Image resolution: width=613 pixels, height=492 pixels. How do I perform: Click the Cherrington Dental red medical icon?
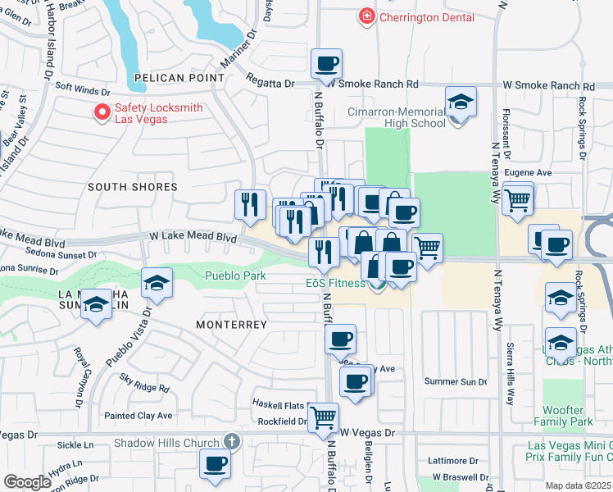(x=366, y=16)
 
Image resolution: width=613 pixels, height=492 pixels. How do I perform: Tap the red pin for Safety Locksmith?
(x=102, y=112)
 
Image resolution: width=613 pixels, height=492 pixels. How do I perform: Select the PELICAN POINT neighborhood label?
(x=179, y=77)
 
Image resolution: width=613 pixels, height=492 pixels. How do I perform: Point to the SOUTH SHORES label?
(x=132, y=187)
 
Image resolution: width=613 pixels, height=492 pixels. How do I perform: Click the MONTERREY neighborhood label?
(x=232, y=325)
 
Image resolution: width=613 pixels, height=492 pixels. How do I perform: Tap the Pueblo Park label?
(x=234, y=276)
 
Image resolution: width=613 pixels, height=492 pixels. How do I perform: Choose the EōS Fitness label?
(x=330, y=284)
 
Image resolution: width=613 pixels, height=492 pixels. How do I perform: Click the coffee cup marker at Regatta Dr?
(x=326, y=64)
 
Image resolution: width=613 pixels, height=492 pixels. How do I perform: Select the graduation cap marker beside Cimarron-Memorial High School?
(x=461, y=103)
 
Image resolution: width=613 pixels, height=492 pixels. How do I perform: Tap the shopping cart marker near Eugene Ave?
(x=517, y=198)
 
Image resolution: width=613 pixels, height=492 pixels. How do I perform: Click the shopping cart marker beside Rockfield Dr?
(x=323, y=417)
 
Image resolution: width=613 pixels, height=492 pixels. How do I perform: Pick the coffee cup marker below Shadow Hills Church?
(x=216, y=464)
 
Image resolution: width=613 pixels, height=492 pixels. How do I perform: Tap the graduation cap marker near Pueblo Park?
(x=157, y=285)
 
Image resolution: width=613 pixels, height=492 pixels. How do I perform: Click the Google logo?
(x=27, y=482)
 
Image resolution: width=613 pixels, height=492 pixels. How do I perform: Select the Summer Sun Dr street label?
(x=456, y=381)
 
